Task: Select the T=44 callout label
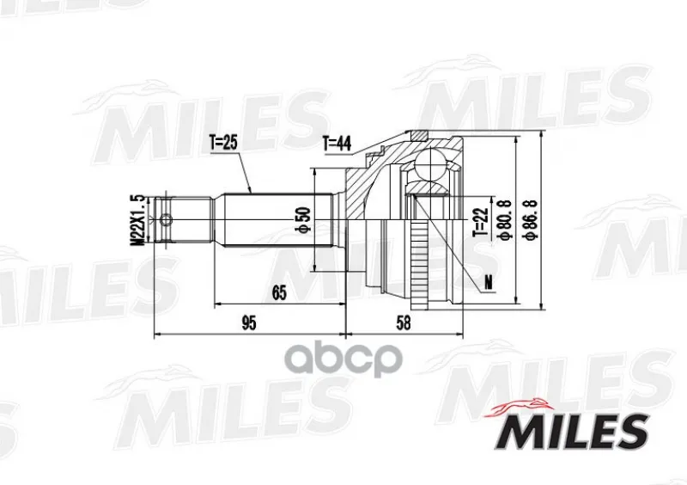pyautogui.click(x=337, y=144)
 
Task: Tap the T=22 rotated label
pyautogui.click(x=481, y=222)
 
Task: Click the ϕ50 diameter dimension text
pyautogui.click(x=305, y=219)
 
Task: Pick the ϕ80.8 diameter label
pyautogui.click(x=504, y=219)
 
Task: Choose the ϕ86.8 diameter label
pyautogui.click(x=531, y=219)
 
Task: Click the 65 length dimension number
pyautogui.click(x=278, y=292)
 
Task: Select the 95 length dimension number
pyautogui.click(x=248, y=323)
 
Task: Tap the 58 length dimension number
pyautogui.click(x=404, y=323)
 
